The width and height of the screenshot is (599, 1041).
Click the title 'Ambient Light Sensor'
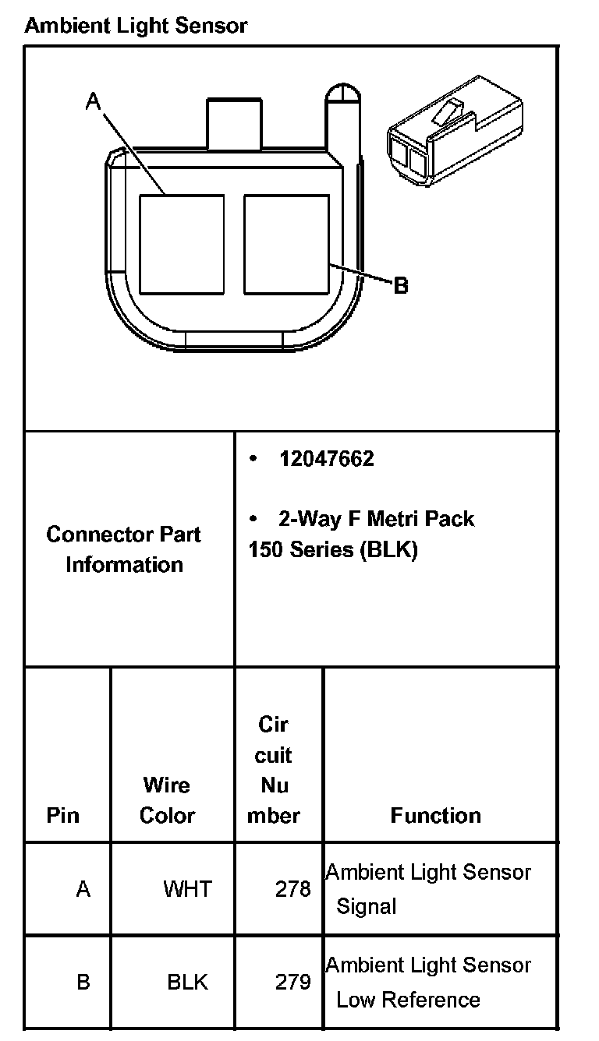pos(136,26)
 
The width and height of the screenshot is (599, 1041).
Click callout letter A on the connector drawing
pos(93,101)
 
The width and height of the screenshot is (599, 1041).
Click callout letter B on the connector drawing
pos(400,286)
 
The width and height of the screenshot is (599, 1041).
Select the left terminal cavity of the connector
pos(182,244)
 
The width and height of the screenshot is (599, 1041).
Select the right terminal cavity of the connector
pos(286,244)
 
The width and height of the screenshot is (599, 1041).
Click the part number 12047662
pos(327,459)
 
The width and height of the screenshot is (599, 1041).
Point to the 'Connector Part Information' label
pos(123,549)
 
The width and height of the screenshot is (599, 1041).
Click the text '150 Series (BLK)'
pos(333,549)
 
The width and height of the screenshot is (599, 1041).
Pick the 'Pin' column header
pos(62,816)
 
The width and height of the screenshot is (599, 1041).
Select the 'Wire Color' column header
pos(167,800)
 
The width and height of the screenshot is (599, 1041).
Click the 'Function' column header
pos(435,816)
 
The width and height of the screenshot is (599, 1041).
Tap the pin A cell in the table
pos(83,889)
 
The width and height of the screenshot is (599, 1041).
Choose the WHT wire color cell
pos(187,889)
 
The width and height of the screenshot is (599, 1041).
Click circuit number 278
pos(293,889)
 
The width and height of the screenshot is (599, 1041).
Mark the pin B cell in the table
pos(83,982)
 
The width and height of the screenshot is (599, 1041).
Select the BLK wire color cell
pos(188,982)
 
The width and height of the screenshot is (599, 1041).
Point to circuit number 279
pos(293,982)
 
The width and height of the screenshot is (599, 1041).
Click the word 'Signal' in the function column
pos(367,907)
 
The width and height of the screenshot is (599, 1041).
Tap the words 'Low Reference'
pos(408,1000)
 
